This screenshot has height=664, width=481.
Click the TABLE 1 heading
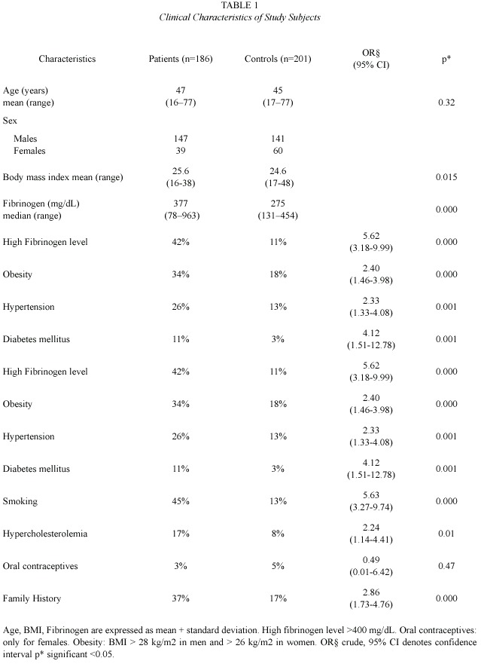pos(239,5)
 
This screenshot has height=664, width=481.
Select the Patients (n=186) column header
pos(181,59)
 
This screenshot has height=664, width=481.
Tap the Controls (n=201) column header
pos(278,59)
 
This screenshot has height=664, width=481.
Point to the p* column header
pos(446,60)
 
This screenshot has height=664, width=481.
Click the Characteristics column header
pos(67,59)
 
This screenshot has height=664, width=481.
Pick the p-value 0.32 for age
pos(446,103)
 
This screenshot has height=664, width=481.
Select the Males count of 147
pos(181,139)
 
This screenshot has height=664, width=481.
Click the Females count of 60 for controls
pos(278,151)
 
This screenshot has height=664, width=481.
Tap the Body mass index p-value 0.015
pos(446,177)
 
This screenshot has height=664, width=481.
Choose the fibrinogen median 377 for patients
pos(181,203)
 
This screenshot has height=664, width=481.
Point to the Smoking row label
pos(20,501)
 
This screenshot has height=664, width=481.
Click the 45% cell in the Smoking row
pos(181,501)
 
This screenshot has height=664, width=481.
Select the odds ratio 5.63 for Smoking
pos(371,495)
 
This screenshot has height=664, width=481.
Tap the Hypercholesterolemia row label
pos(45,534)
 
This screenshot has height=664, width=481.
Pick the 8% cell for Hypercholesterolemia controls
pos(278,534)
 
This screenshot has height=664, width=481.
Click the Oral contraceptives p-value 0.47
pos(446,566)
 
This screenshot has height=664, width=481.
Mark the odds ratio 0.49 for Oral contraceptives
pos(371,560)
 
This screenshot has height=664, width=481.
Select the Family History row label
pos(32,598)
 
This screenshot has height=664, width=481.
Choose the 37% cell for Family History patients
pos(181,598)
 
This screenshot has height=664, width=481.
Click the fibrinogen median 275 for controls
pos(278,203)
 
